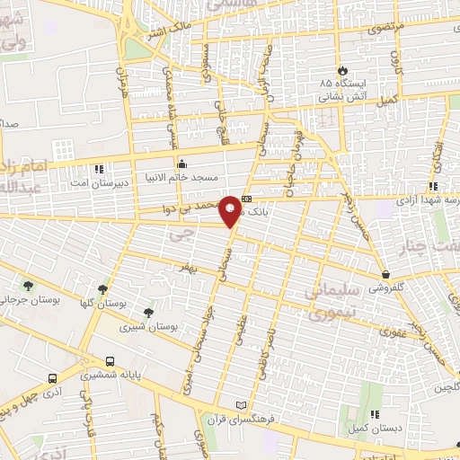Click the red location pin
(x=232, y=210)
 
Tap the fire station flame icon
(x=342, y=70)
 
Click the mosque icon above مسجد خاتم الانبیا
(x=182, y=164)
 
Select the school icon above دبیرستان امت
(x=99, y=168)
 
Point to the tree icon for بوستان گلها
(x=103, y=289)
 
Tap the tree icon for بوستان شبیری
(x=148, y=313)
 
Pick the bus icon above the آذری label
(x=54, y=378)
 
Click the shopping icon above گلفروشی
(x=385, y=274)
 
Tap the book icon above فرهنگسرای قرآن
(x=239, y=406)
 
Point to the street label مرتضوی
(x=385, y=28)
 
